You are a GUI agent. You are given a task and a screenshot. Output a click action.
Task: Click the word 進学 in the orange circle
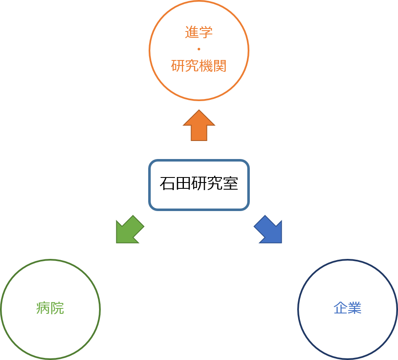199,33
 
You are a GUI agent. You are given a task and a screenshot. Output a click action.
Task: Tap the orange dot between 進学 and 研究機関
199,50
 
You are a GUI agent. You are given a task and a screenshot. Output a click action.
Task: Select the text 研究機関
199,66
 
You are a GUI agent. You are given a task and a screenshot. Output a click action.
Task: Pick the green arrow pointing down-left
129,230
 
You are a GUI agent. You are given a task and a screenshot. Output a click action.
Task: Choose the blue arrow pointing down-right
269,230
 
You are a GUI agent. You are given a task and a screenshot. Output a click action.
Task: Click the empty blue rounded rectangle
199,185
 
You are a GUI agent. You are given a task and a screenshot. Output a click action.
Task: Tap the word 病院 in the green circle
50,308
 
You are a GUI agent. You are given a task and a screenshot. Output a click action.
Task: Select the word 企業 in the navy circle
347,308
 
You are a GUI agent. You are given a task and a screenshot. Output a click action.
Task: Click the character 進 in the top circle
192,33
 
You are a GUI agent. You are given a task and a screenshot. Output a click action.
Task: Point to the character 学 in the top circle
206,33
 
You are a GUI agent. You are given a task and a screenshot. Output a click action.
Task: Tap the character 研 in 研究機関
178,66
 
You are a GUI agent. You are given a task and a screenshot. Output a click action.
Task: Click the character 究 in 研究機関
192,66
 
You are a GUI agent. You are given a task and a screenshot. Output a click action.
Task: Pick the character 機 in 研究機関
206,66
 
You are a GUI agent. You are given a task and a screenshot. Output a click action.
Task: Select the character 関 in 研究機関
220,66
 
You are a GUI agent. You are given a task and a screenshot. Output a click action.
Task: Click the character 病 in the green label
43,308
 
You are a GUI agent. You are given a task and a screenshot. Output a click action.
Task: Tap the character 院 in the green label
57,308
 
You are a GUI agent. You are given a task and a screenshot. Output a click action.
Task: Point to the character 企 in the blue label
340,308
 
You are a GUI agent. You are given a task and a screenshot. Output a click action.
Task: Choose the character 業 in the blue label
354,308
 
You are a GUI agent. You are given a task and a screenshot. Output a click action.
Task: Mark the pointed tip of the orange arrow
199,111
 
